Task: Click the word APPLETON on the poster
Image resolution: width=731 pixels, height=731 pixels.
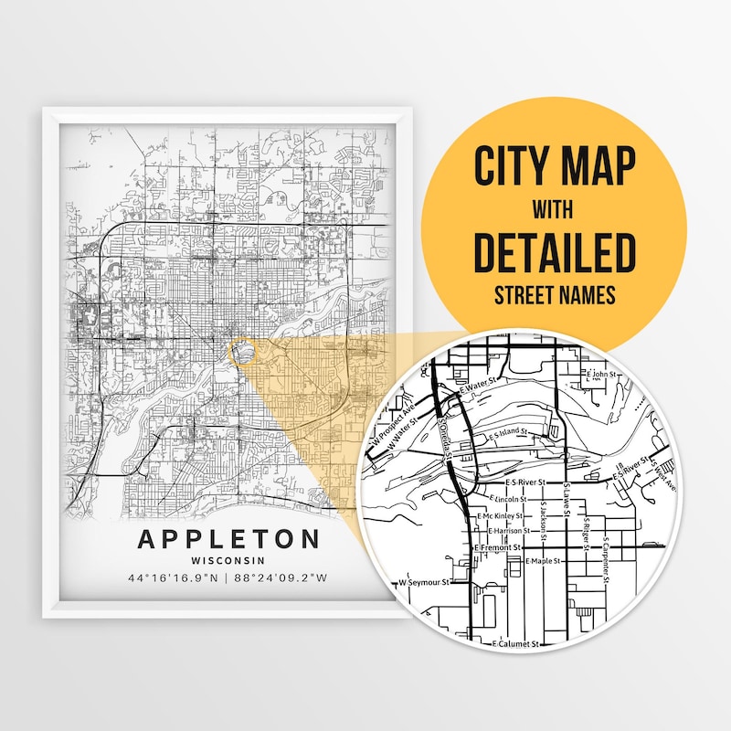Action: pyautogui.click(x=228, y=538)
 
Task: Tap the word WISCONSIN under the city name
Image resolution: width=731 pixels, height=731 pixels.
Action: pyautogui.click(x=228, y=560)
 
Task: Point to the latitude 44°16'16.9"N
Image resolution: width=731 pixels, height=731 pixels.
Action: pyautogui.click(x=173, y=578)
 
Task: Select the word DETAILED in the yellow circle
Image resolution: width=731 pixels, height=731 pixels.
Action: pyautogui.click(x=555, y=255)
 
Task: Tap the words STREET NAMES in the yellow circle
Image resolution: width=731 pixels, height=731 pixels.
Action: pyautogui.click(x=555, y=296)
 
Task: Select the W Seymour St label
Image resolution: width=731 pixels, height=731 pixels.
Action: pyautogui.click(x=425, y=582)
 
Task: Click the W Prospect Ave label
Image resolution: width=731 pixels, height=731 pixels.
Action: pyautogui.click(x=394, y=422)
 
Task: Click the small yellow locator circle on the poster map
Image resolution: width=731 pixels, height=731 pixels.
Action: pyautogui.click(x=240, y=351)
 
